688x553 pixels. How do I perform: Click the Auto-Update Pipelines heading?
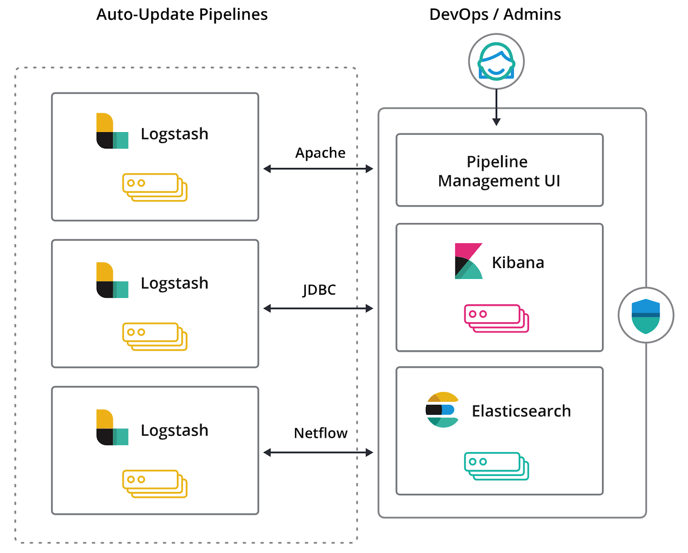[x=182, y=15]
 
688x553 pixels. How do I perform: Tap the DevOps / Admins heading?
[x=495, y=15]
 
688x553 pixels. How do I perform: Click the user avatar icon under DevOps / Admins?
[x=496, y=61]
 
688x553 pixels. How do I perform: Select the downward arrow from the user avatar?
[x=496, y=108]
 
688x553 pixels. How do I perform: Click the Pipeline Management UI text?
[x=499, y=171]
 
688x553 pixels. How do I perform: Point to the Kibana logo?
[x=468, y=261]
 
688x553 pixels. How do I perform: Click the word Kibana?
[x=518, y=263]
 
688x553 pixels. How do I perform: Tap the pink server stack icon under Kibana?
[x=496, y=318]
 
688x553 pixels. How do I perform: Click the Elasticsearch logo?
[x=442, y=410]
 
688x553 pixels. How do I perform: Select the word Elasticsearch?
[x=522, y=411]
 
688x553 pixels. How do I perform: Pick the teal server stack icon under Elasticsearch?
[x=496, y=466]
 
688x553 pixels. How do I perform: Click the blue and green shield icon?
[x=646, y=315]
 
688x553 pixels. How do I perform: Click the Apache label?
[x=320, y=153]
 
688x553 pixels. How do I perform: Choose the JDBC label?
[x=319, y=290]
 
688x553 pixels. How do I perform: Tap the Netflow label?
[x=321, y=433]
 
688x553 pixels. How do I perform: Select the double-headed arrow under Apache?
[x=318, y=169]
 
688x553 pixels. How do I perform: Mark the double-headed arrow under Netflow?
[x=318, y=452]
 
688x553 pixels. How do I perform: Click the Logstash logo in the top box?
[x=112, y=130]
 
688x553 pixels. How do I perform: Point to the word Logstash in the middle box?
[x=175, y=283]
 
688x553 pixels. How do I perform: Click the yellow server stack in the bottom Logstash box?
[x=155, y=484]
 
